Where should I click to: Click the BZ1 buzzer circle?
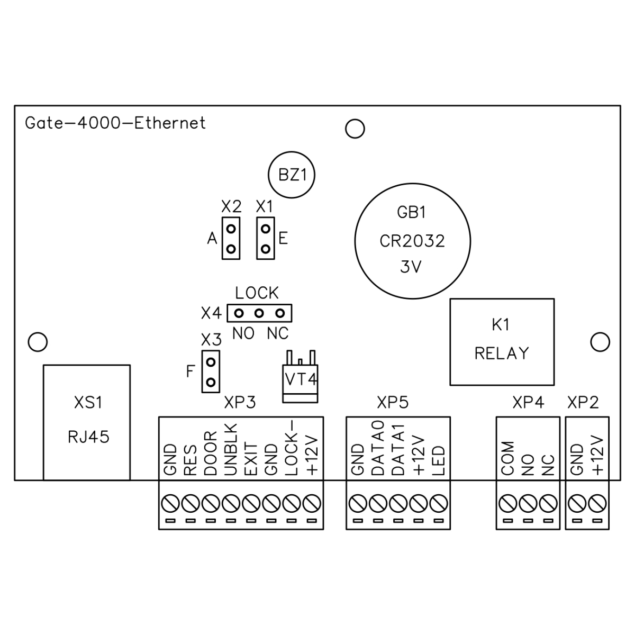pyautogui.click(x=292, y=175)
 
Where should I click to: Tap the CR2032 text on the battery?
pyautogui.click(x=412, y=241)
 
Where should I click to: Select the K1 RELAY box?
pyautogui.click(x=502, y=341)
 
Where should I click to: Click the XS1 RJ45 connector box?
pyautogui.click(x=87, y=422)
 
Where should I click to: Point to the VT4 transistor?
pyautogui.click(x=300, y=378)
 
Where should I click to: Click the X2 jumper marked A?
pyautogui.click(x=231, y=238)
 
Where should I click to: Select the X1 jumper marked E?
pyautogui.click(x=266, y=238)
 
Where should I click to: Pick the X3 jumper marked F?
pyautogui.click(x=211, y=371)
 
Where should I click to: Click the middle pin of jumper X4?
pyautogui.click(x=259, y=313)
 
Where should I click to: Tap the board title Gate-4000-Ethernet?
pyautogui.click(x=115, y=123)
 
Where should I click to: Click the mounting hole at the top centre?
pyautogui.click(x=355, y=128)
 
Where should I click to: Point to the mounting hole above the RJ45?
pyautogui.click(x=38, y=341)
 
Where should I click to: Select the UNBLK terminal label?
pyautogui.click(x=231, y=450)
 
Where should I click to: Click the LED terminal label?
pyautogui.click(x=439, y=461)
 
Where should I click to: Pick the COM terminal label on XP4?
pyautogui.click(x=507, y=458)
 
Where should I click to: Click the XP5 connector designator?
pyautogui.click(x=393, y=403)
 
